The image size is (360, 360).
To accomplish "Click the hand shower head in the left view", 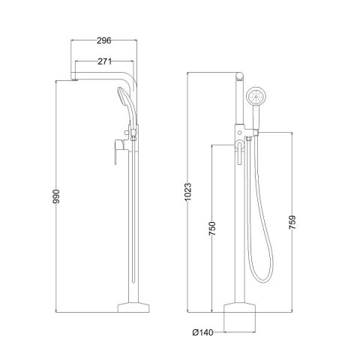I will pos(123,98).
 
